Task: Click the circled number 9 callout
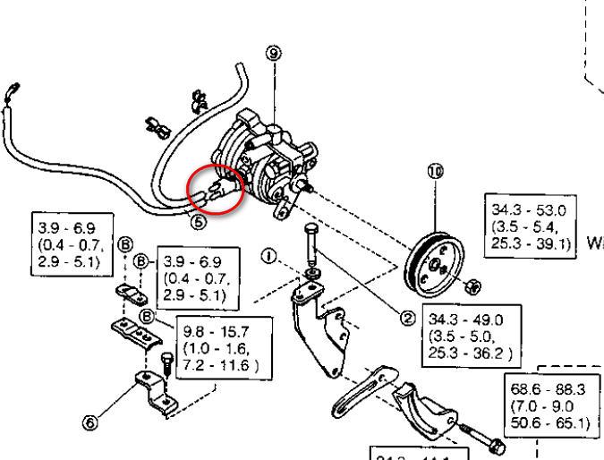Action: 273,54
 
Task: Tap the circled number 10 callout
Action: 436,174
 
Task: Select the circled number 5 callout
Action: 198,221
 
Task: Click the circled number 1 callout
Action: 268,257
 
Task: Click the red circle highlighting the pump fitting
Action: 215,189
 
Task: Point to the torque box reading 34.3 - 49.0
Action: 471,336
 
